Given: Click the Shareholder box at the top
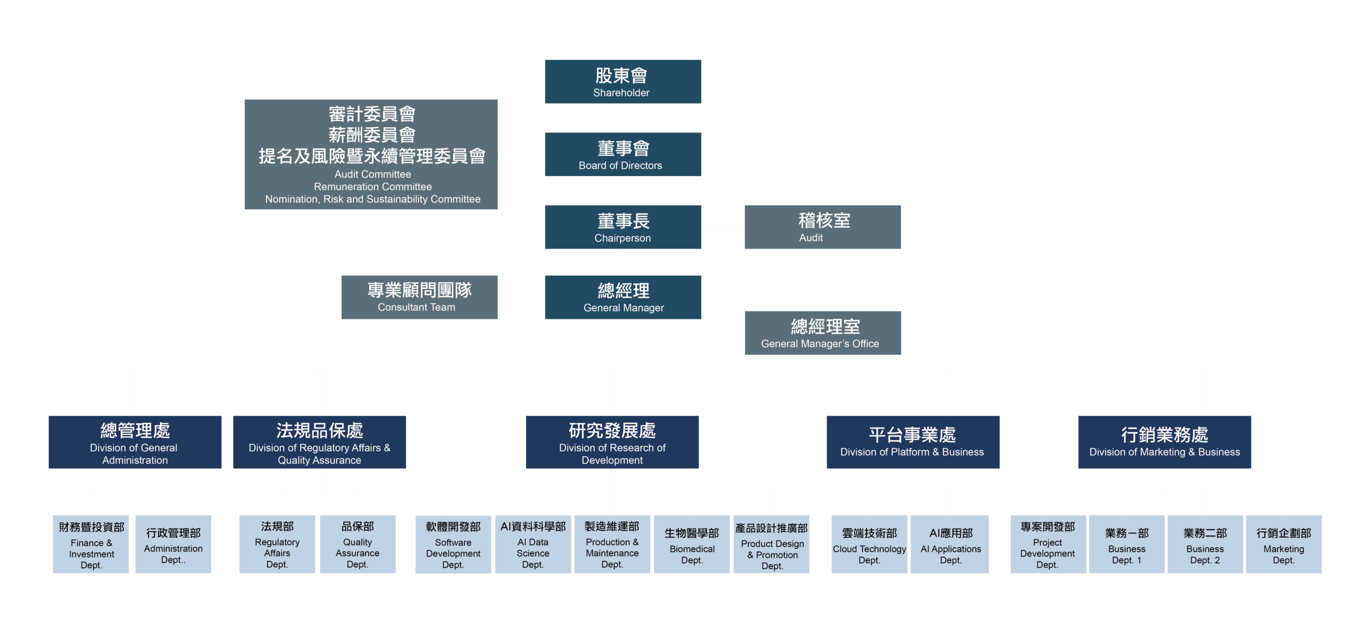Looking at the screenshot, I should pyautogui.click(x=622, y=81).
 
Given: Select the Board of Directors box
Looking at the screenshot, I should pyautogui.click(x=622, y=154).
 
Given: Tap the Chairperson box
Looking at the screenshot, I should pyautogui.click(x=622, y=227).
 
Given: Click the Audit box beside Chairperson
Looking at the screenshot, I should pyautogui.click(x=822, y=227).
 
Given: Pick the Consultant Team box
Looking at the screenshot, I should pyautogui.click(x=419, y=297).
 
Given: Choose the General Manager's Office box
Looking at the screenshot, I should pyautogui.click(x=823, y=333).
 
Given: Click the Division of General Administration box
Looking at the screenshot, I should pyautogui.click(x=135, y=442).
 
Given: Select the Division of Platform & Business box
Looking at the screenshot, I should pyautogui.click(x=912, y=442).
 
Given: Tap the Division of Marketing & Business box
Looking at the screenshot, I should pyautogui.click(x=1164, y=442).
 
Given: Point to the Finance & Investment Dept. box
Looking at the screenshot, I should pyautogui.click(x=91, y=544).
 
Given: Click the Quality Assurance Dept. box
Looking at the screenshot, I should pyautogui.click(x=358, y=544).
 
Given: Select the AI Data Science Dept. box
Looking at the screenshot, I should pyautogui.click(x=533, y=544).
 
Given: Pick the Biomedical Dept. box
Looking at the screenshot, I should pyautogui.click(x=692, y=544).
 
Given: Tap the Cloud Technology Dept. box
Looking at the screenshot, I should pyautogui.click(x=869, y=544).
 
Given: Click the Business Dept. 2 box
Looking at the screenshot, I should pyautogui.click(x=1205, y=544).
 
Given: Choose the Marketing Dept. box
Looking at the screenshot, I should pyautogui.click(x=1283, y=544).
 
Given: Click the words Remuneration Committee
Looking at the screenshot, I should pyautogui.click(x=372, y=187).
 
